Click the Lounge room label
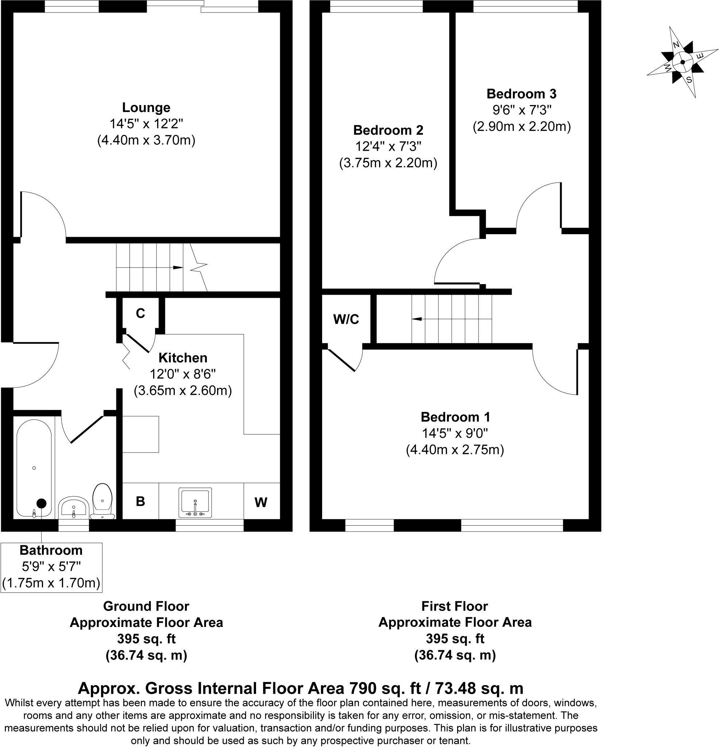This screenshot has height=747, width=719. click(x=146, y=108)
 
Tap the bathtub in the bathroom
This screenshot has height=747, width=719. click(x=34, y=468)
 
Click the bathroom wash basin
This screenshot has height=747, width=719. click(x=74, y=507)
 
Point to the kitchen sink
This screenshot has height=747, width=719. click(x=195, y=503)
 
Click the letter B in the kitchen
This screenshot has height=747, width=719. click(x=140, y=501)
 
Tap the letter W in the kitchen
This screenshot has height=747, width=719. click(x=261, y=503)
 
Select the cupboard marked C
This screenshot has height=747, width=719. click(x=140, y=313)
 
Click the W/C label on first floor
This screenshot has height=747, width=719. click(x=346, y=320)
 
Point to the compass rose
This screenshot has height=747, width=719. click(x=683, y=62)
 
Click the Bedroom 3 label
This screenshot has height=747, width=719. click(x=521, y=94)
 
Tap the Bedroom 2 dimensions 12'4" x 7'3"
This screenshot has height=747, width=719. click(x=388, y=147)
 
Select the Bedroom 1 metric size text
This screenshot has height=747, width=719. click(x=455, y=450)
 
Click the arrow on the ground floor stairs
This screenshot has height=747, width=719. click(x=178, y=268)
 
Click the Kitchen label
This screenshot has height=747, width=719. click(x=183, y=358)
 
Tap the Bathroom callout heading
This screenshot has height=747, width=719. click(x=51, y=550)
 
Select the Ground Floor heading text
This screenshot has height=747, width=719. click(x=146, y=606)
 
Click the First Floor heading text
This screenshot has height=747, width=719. click(x=455, y=606)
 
